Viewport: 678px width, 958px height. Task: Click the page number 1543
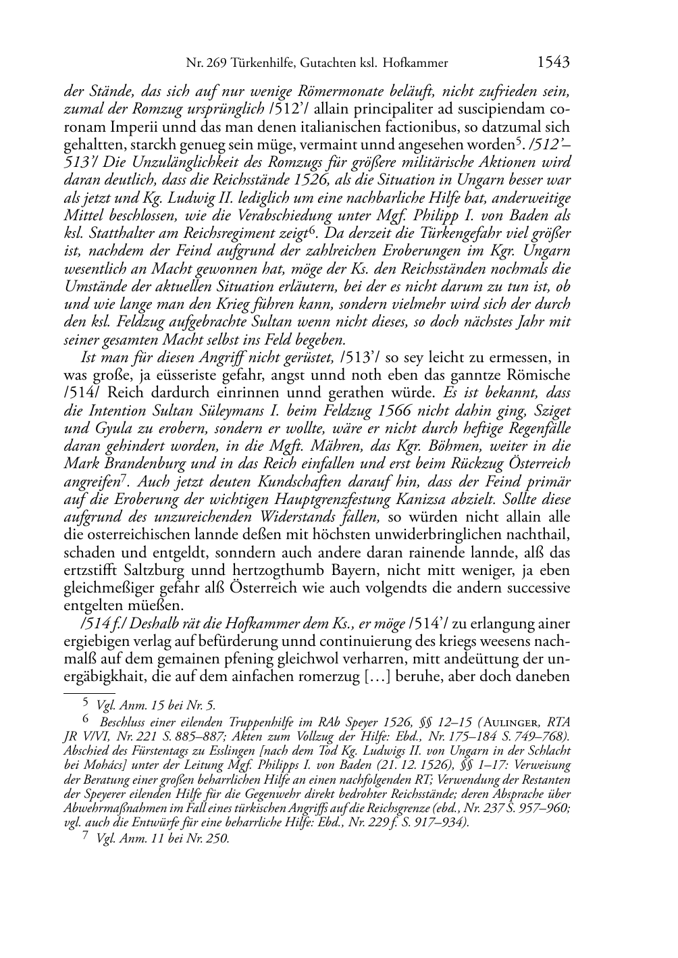click(x=554, y=63)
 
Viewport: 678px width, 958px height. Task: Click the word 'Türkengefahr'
click(x=467, y=233)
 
